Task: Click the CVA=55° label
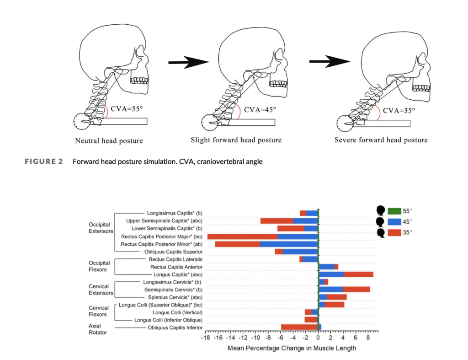[x=126, y=109]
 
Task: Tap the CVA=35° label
[x=399, y=110]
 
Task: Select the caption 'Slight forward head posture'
[x=236, y=140]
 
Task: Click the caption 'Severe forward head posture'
[x=381, y=140]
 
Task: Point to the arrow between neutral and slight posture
[x=188, y=62]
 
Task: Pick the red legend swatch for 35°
[x=394, y=232]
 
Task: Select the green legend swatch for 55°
[x=394, y=211]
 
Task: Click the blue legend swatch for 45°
[x=394, y=221]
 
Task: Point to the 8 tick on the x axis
[x=368, y=338]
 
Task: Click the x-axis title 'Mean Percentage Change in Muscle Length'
[x=292, y=348]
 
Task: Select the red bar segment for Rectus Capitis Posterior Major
[x=242, y=236]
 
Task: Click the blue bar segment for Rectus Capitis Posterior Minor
[x=289, y=244]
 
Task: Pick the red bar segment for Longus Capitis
[x=358, y=274]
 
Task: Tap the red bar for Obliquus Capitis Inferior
[x=299, y=327]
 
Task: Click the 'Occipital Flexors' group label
[x=99, y=266]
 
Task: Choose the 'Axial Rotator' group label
[x=98, y=329]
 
